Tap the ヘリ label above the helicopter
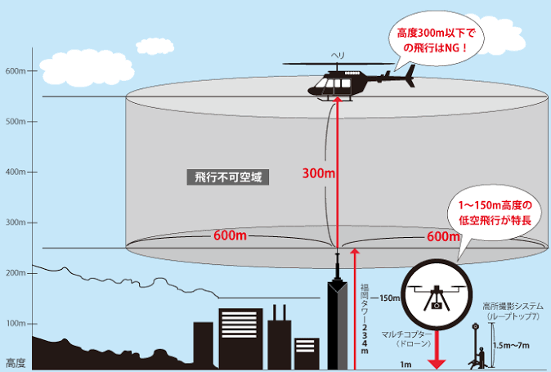pos(337,56)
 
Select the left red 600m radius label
pos(231,235)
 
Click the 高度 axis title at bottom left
pos(16,361)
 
